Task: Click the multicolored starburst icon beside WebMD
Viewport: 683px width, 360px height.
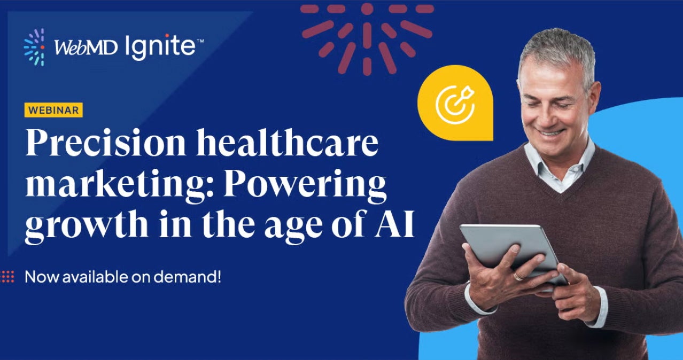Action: coord(35,48)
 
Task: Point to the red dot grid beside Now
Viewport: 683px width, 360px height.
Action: coord(7,277)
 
